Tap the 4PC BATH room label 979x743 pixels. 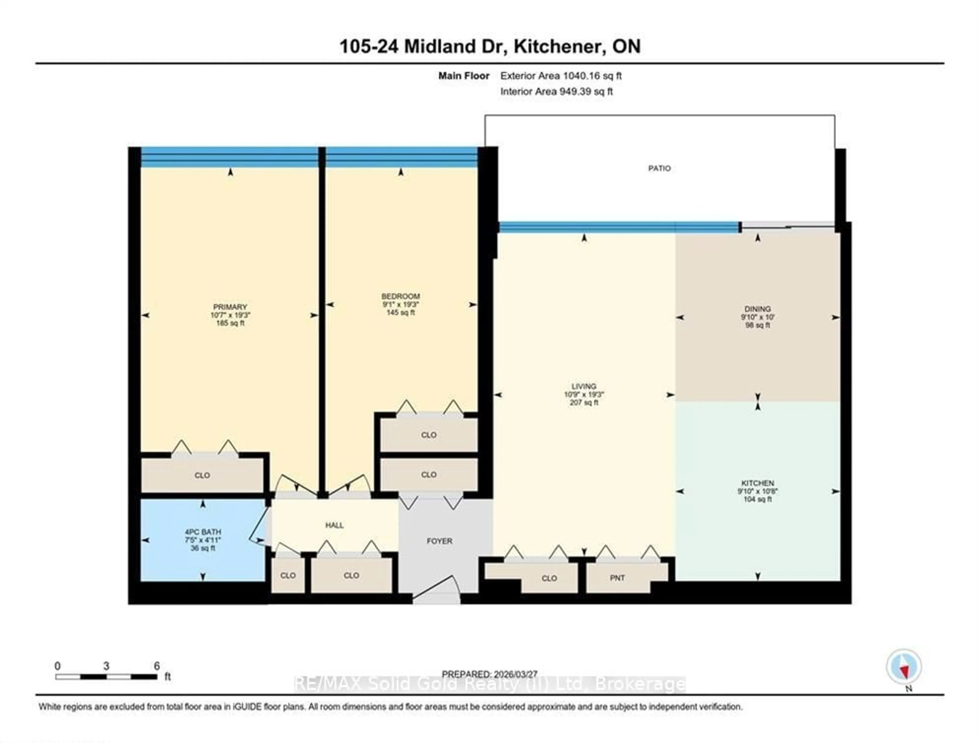pos(203,532)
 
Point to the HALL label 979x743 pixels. pos(334,525)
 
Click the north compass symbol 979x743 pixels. pos(904,667)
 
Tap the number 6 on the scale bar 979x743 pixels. pos(157,666)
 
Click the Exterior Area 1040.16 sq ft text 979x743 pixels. pos(561,76)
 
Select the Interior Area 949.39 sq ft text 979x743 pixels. pos(556,92)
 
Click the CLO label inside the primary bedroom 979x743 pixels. pos(202,475)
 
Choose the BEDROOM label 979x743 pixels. pos(401,296)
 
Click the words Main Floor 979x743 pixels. pos(463,76)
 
